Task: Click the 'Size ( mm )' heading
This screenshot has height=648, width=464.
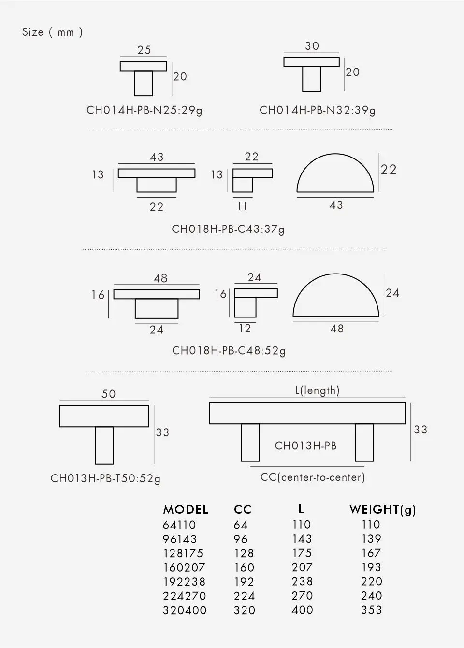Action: [52, 32]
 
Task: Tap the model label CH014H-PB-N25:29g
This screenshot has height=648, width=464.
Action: [145, 111]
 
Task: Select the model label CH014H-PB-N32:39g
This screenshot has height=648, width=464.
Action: [318, 111]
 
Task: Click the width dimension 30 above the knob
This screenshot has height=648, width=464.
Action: [312, 46]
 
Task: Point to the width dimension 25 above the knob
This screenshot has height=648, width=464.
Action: [144, 50]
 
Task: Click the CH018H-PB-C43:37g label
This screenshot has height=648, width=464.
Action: [228, 230]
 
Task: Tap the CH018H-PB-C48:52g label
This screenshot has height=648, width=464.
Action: [229, 351]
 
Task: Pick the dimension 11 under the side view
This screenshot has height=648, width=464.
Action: [242, 206]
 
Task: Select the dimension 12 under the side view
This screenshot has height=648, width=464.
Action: [245, 328]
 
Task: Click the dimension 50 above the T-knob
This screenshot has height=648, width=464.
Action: [108, 394]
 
